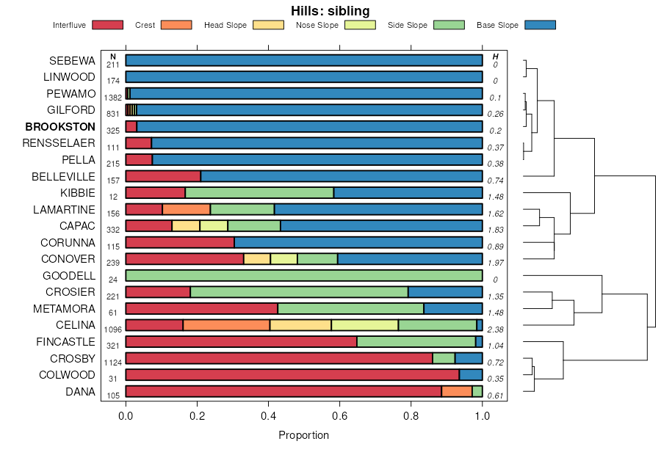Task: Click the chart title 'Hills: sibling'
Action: point(330,10)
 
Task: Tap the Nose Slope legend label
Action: point(317,26)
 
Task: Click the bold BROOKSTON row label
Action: point(60,126)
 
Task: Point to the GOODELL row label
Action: point(69,276)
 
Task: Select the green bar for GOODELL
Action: point(304,276)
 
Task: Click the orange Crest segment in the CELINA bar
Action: point(226,325)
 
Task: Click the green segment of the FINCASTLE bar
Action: point(416,341)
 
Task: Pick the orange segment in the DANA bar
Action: point(457,391)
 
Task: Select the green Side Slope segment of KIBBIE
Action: point(259,192)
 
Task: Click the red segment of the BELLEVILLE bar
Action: point(163,176)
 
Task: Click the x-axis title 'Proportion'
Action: point(304,435)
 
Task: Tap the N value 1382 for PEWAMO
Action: point(113,98)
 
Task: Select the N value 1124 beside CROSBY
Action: point(113,363)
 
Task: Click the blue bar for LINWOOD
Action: point(304,76)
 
